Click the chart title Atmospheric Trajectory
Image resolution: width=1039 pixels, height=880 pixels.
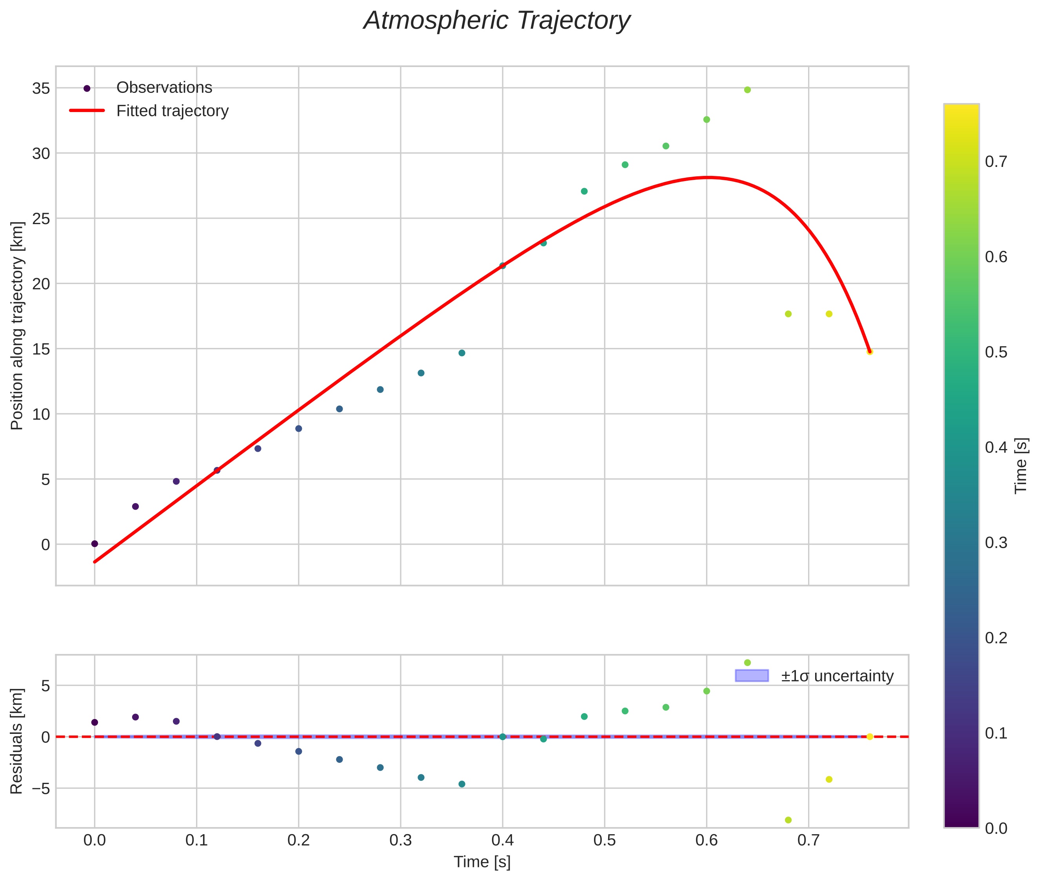[496, 21]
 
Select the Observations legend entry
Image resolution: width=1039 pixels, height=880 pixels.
[164, 88]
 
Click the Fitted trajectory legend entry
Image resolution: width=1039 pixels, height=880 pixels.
[172, 111]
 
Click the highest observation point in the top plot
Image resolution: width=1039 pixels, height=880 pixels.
[747, 90]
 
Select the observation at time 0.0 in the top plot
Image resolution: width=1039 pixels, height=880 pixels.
[94, 544]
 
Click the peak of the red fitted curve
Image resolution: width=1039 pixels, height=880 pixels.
[707, 177]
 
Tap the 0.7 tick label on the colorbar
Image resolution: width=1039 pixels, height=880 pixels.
[995, 162]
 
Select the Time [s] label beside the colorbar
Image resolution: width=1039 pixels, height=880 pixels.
[1021, 465]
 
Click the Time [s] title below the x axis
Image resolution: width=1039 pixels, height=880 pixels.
[482, 862]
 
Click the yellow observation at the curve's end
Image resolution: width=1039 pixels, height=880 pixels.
[869, 352]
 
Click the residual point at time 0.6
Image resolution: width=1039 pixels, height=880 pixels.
[707, 691]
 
